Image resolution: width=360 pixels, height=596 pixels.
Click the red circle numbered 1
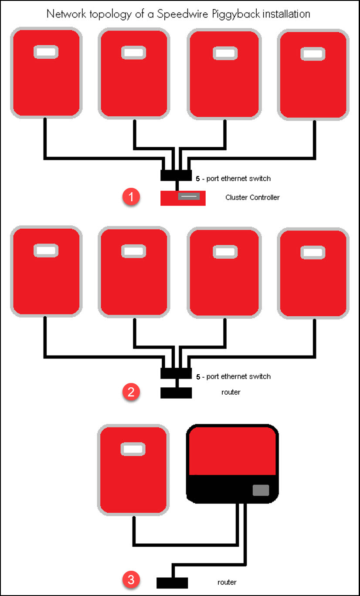pos(131,197)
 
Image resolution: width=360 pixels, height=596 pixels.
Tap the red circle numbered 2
pos(131,392)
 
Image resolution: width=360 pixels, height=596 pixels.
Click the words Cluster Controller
pos(252,197)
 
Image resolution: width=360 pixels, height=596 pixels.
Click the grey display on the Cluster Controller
pos(189,196)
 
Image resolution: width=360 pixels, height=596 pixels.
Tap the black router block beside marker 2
pos(176,393)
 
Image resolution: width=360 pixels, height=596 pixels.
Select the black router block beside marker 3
pos(172,582)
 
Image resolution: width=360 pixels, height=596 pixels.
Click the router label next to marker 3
pos(227,582)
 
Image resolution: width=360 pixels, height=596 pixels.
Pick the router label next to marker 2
pos(231,392)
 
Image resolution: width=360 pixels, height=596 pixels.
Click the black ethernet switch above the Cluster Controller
pos(176,175)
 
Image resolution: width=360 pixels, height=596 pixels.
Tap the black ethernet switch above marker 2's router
pos(176,373)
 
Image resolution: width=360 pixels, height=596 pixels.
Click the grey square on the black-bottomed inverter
pos(261,490)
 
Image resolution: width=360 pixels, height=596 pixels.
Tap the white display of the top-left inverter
pos(46,52)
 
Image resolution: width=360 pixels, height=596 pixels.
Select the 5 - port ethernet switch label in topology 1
pos(233,178)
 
